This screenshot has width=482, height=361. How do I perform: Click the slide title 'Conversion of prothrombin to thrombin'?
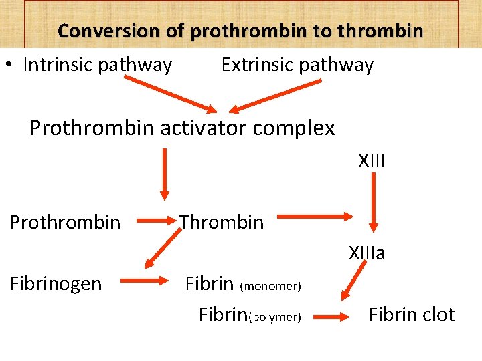click(x=240, y=31)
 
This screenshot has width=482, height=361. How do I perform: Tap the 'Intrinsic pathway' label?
click(x=98, y=65)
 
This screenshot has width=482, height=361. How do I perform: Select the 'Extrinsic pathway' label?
click(x=297, y=65)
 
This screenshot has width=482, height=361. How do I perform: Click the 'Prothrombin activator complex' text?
click(x=182, y=128)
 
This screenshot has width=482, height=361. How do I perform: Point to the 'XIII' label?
click(x=372, y=161)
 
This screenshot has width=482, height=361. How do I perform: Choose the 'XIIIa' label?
click(x=367, y=253)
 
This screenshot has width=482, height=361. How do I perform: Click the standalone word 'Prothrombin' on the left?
click(x=66, y=222)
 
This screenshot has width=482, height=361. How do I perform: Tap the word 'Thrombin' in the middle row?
click(x=222, y=222)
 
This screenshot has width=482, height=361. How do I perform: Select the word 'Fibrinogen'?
click(x=56, y=284)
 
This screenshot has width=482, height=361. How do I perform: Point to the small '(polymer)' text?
click(x=274, y=317)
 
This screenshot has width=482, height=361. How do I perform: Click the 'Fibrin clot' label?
click(x=412, y=315)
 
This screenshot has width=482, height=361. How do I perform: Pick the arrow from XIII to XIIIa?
click(x=375, y=201)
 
